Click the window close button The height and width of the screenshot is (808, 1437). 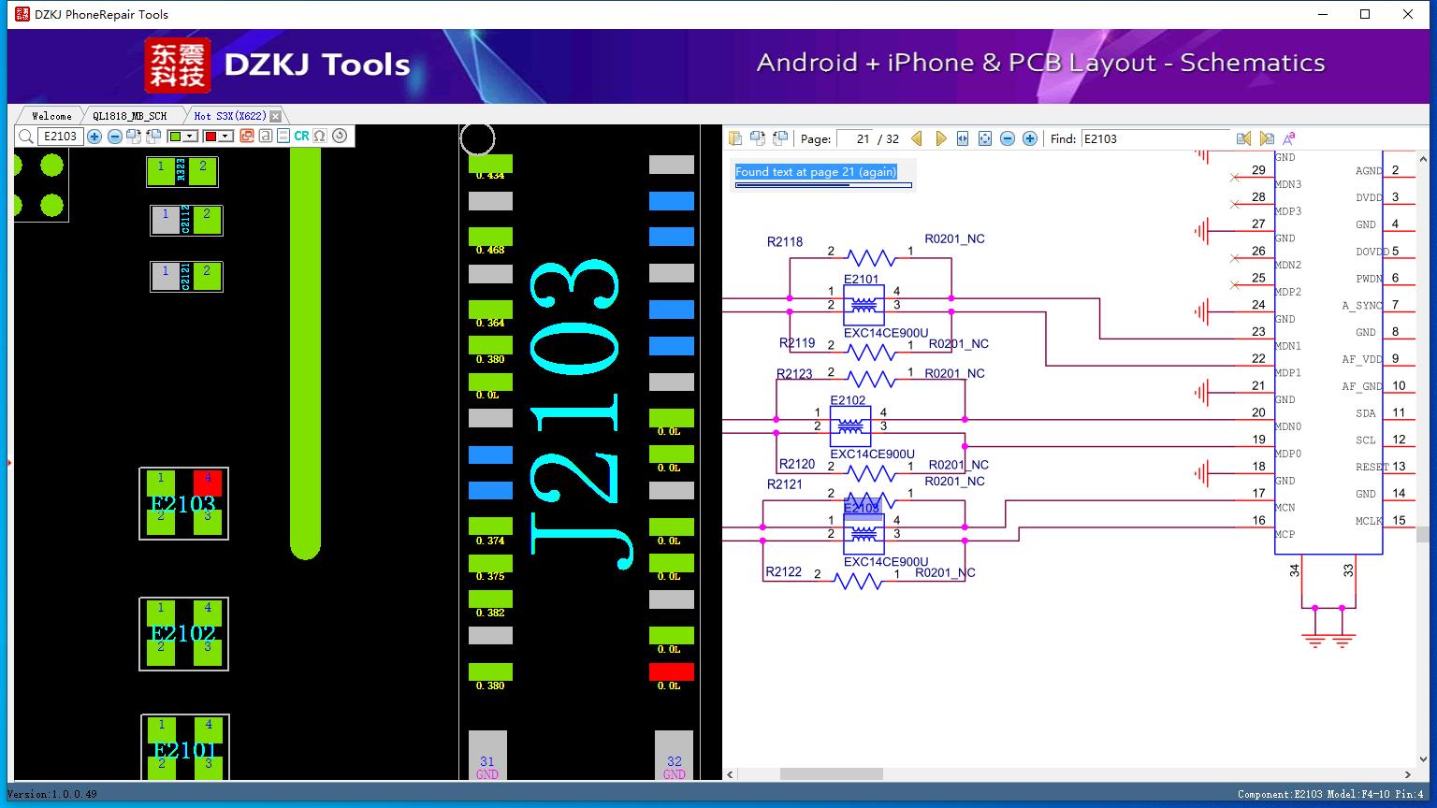tap(1408, 14)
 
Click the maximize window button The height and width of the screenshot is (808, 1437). tap(1365, 14)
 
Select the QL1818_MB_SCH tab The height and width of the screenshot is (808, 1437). tap(129, 116)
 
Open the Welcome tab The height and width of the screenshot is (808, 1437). tap(51, 116)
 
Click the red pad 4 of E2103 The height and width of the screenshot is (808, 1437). tap(208, 483)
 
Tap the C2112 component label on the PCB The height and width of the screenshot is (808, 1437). tap(186, 221)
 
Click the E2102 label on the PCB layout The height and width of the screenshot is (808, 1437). tap(183, 633)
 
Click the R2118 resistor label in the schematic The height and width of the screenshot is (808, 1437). tap(785, 241)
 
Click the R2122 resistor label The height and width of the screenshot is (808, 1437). tap(783, 571)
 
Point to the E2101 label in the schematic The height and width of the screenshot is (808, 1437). tap(861, 279)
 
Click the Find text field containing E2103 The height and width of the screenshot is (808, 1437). tap(1154, 138)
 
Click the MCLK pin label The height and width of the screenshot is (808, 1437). tap(1368, 521)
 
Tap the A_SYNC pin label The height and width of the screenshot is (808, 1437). tap(1361, 306)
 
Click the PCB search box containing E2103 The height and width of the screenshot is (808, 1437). tap(60, 136)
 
